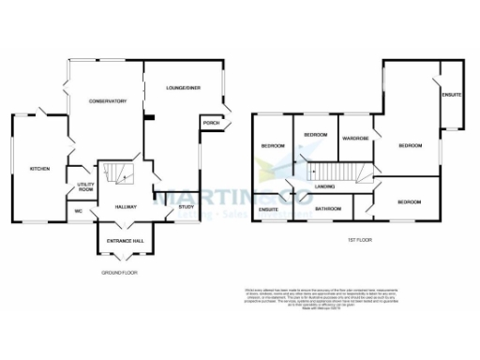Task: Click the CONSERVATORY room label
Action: click(108, 101)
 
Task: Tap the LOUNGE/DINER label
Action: click(184, 88)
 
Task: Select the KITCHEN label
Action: click(39, 169)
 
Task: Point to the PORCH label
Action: click(211, 123)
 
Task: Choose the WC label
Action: click(81, 210)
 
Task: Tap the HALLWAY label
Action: click(127, 206)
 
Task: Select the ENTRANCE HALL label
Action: click(126, 241)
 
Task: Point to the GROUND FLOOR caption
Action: click(119, 273)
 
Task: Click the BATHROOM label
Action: click(327, 208)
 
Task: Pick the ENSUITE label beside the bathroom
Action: click(270, 208)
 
